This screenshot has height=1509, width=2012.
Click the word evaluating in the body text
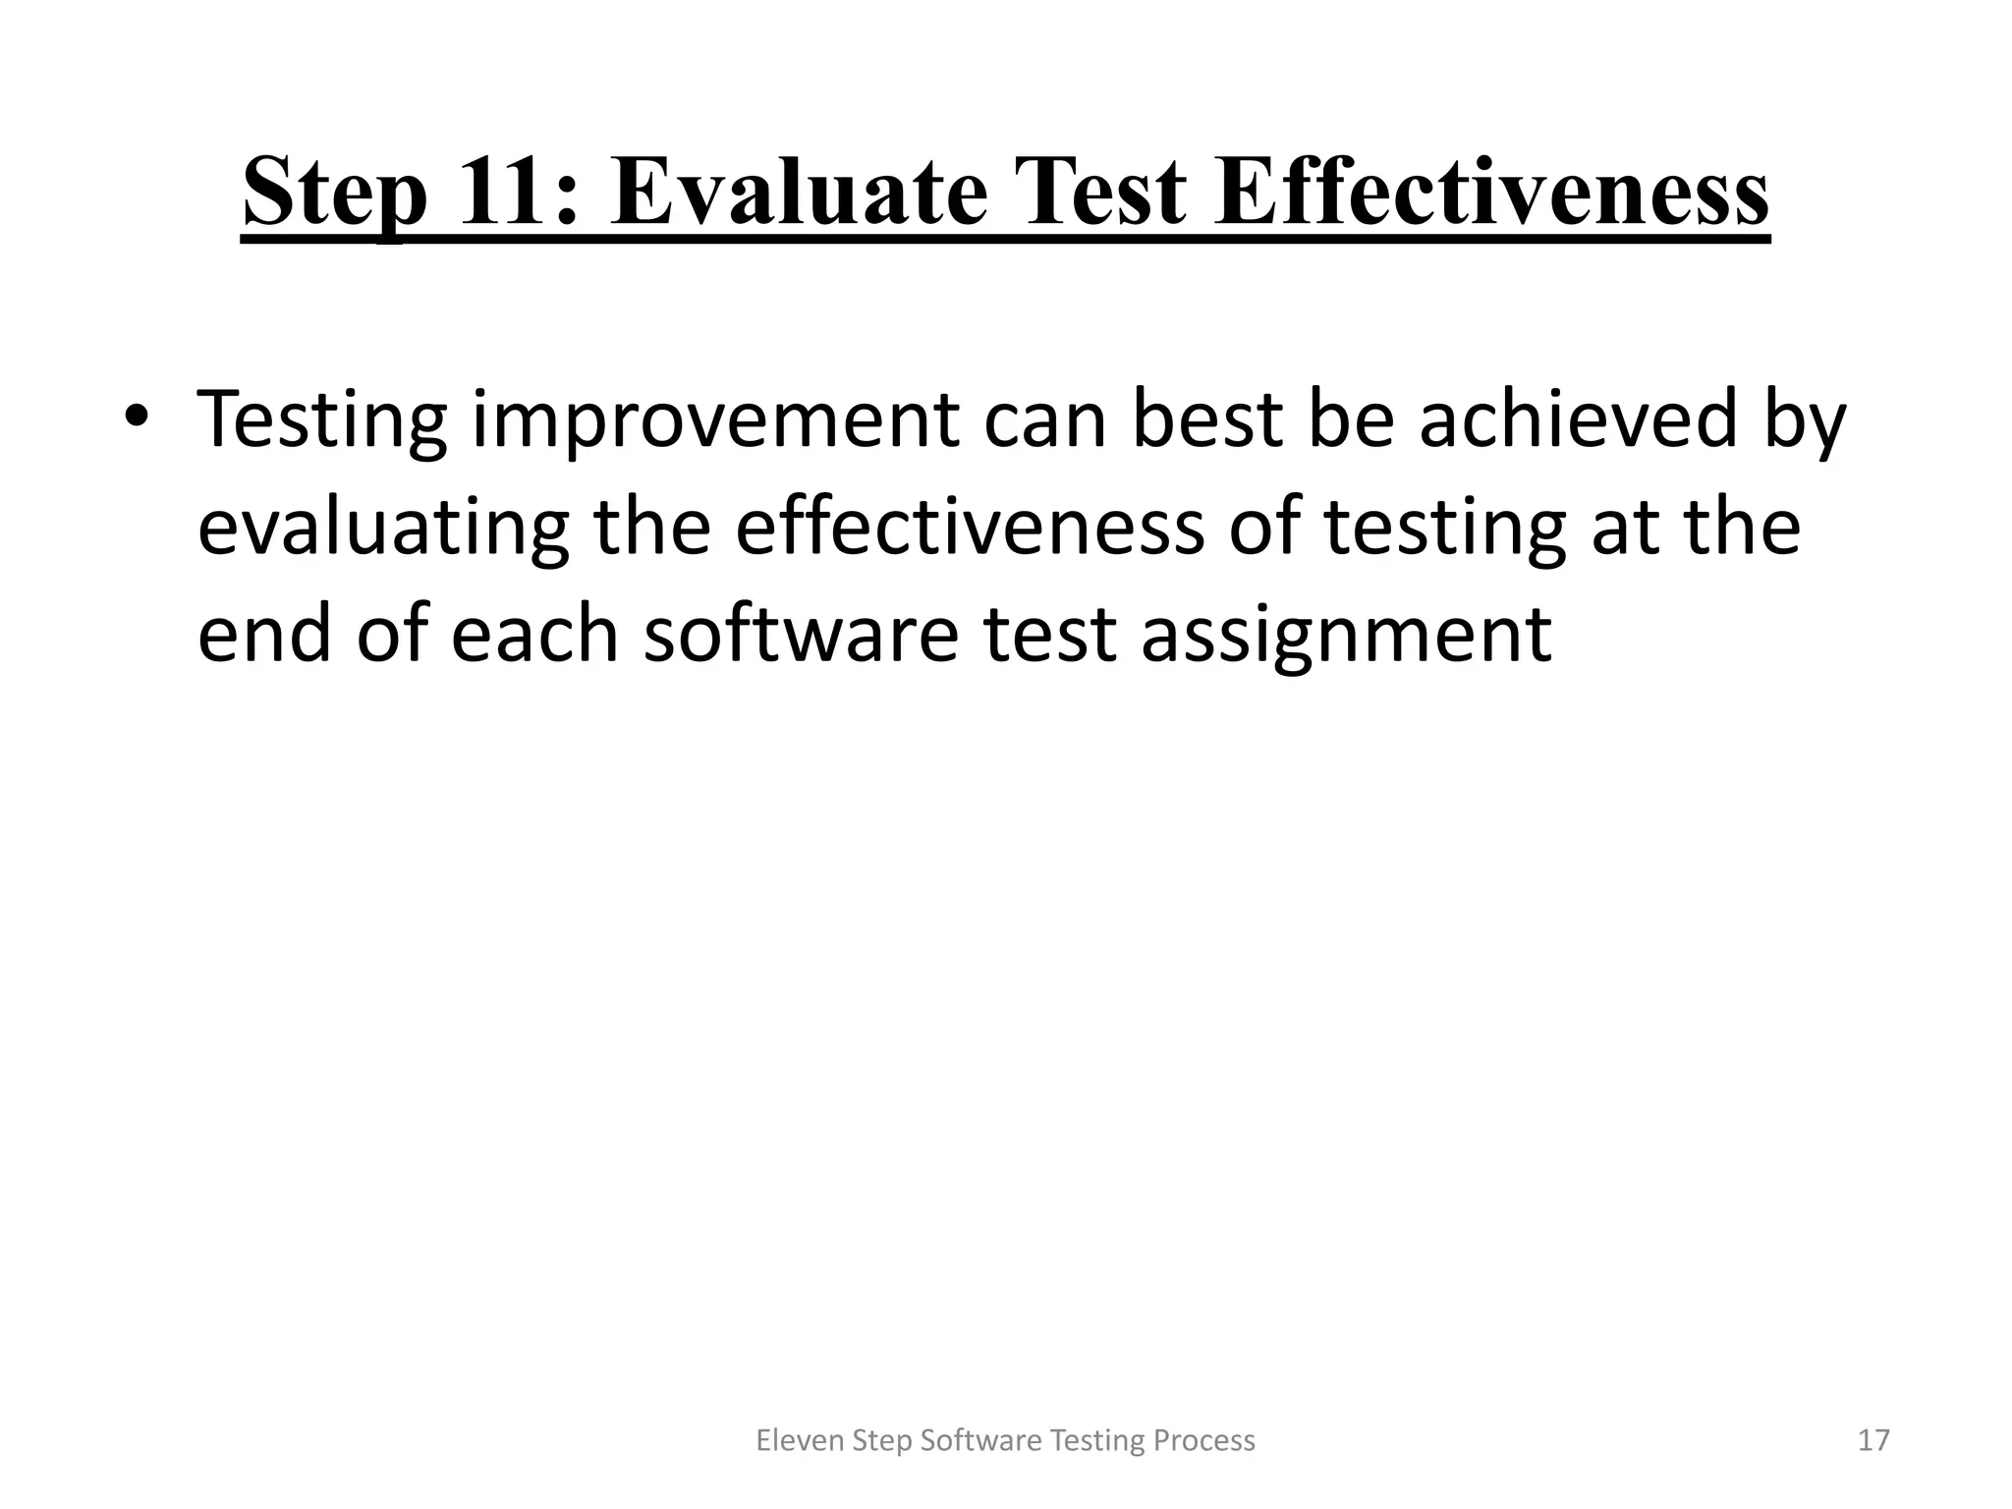383,529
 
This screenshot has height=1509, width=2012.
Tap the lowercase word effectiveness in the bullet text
970,527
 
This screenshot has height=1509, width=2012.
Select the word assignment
1346,636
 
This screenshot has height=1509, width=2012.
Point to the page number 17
1873,1440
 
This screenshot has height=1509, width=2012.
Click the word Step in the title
335,195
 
